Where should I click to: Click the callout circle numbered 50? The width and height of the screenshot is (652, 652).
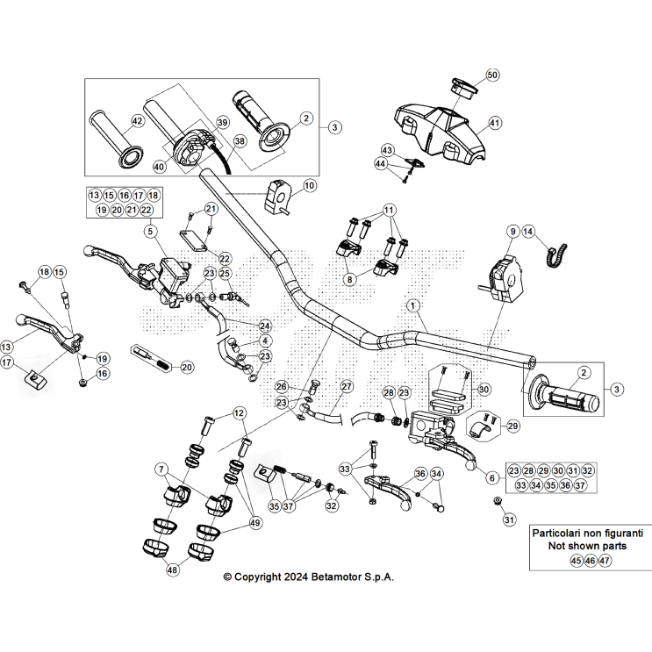tap(491, 75)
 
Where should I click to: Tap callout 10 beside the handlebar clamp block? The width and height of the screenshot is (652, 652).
tap(308, 185)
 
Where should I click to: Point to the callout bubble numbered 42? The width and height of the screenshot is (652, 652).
tap(137, 121)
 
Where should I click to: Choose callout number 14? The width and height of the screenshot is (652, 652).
tap(528, 232)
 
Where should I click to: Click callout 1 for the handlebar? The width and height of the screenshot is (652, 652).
tap(412, 305)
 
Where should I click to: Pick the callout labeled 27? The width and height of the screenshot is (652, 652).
tap(346, 386)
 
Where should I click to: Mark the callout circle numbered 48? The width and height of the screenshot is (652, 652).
tap(172, 570)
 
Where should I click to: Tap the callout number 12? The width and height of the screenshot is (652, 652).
tap(240, 413)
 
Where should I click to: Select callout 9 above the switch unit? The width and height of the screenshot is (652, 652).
tap(511, 232)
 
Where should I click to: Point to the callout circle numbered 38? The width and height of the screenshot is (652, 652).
tap(240, 140)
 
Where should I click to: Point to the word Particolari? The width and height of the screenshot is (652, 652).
tap(557, 533)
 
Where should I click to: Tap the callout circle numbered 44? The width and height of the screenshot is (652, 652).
tap(381, 163)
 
